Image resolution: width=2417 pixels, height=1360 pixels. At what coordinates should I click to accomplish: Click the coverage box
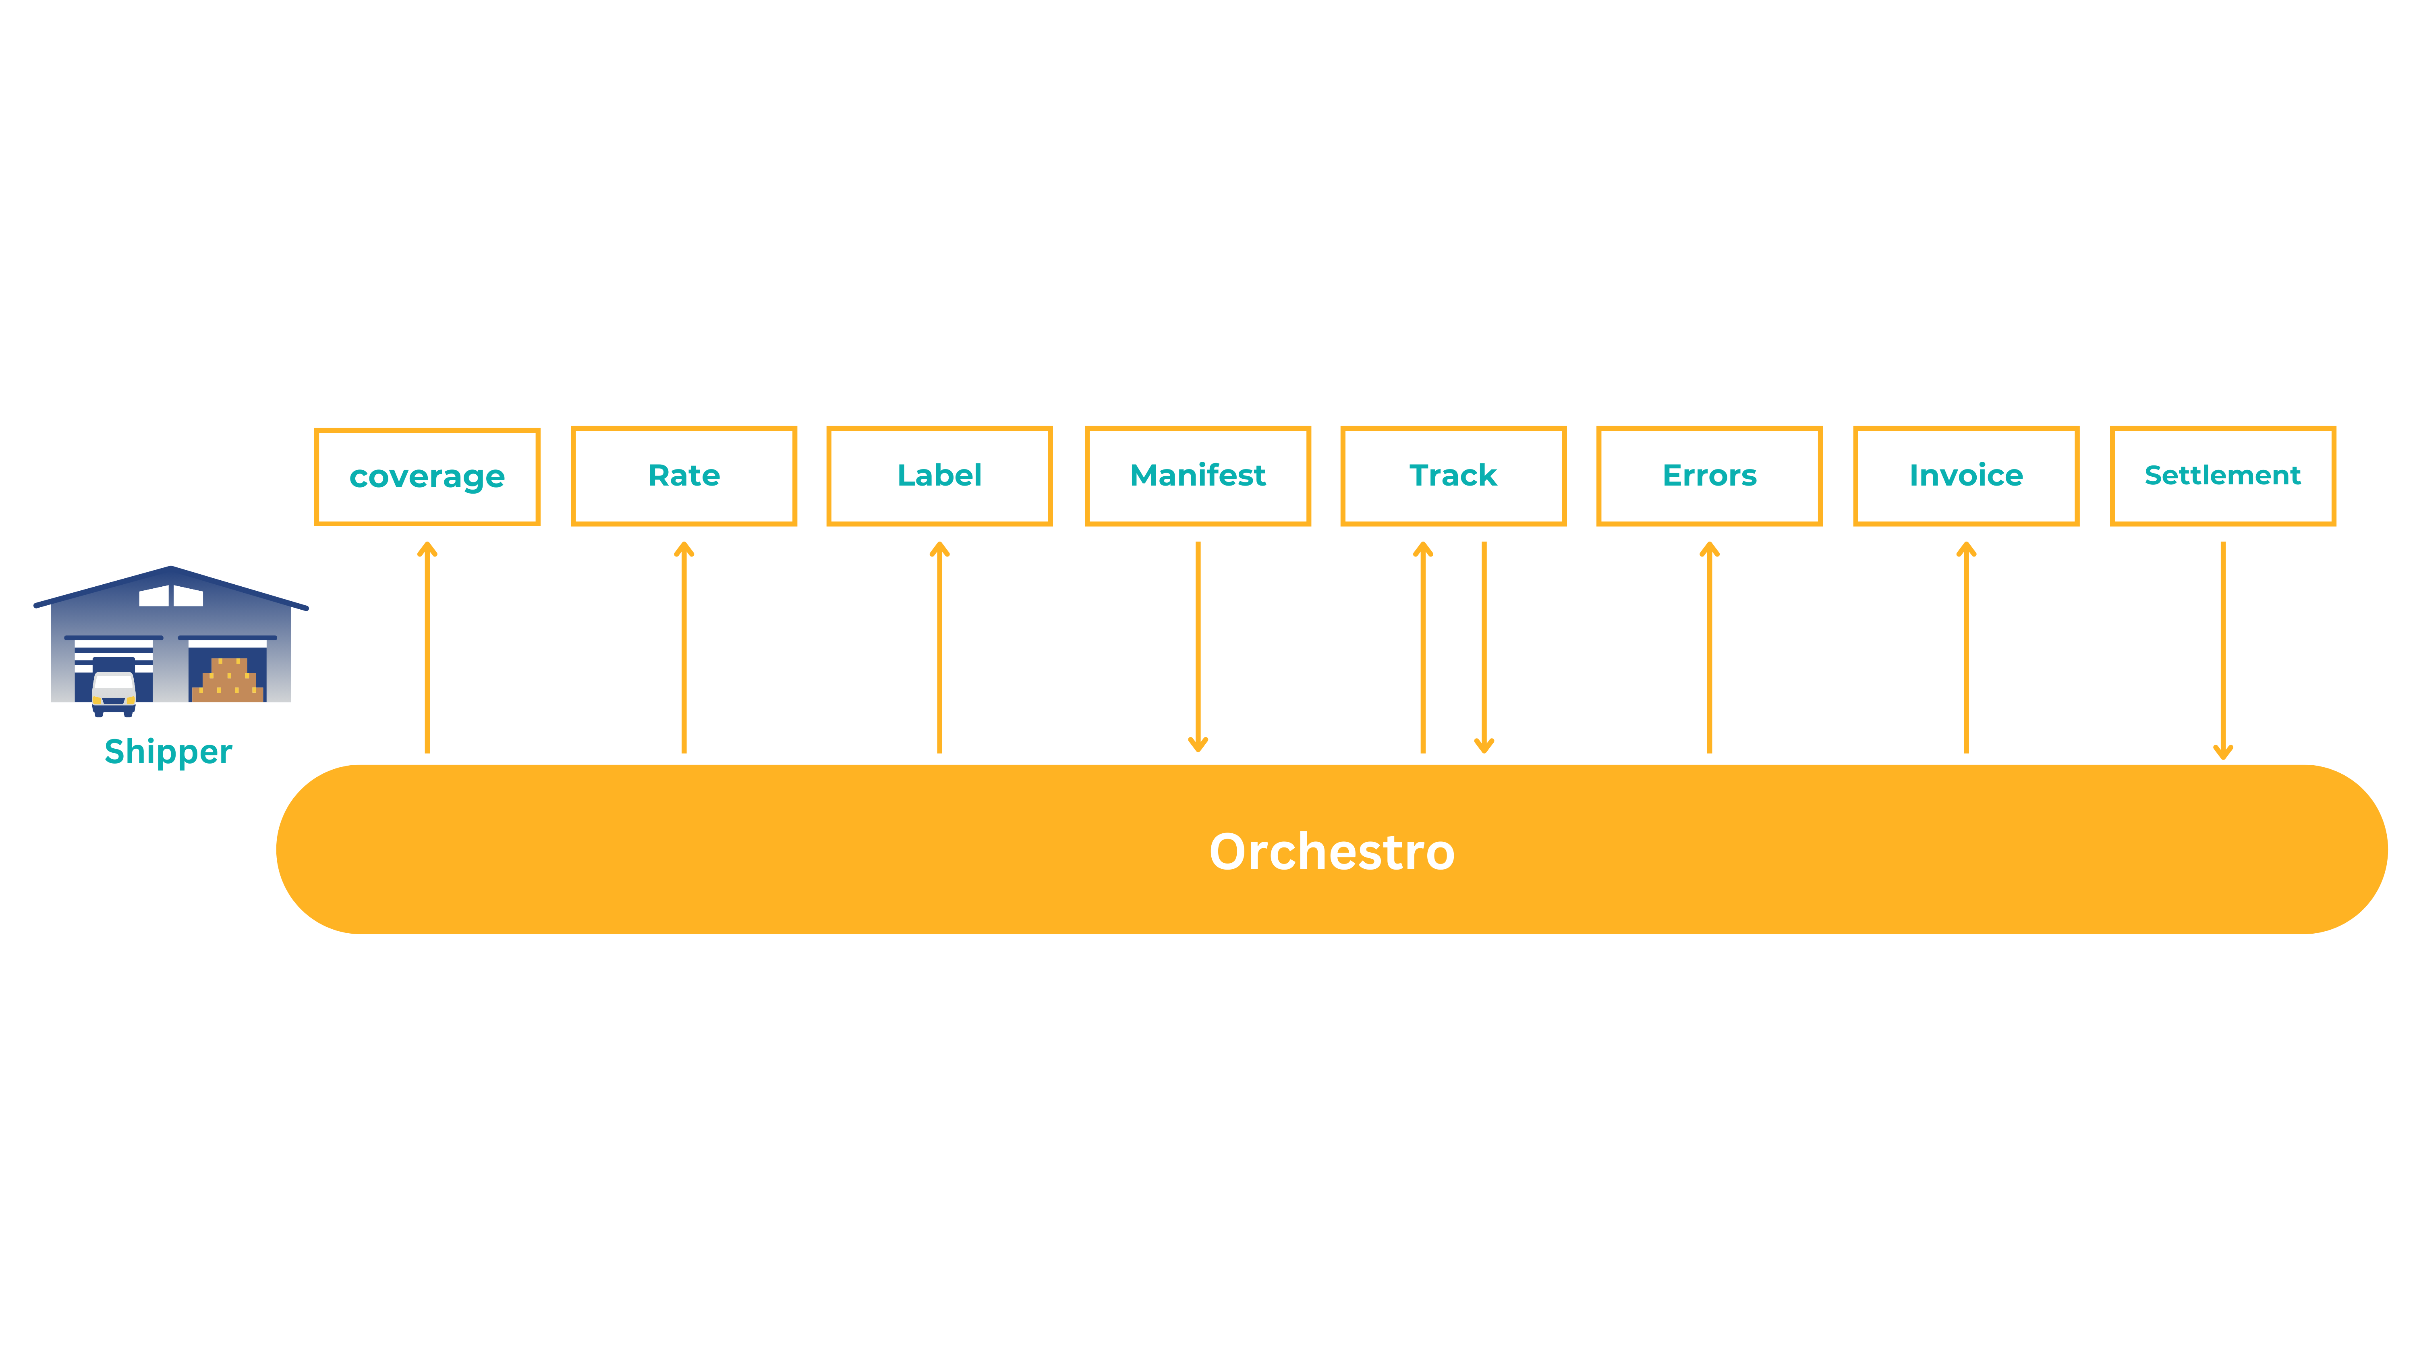tap(427, 477)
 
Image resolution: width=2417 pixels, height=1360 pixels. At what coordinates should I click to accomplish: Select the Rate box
tap(684, 476)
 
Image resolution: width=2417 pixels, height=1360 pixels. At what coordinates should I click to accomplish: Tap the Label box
tap(939, 476)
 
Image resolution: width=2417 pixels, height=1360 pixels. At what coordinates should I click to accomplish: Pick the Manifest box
tap(1197, 476)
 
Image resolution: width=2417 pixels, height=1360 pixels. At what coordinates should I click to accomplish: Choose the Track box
tap(1453, 476)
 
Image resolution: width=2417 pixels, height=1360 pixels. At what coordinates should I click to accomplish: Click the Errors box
tap(1708, 476)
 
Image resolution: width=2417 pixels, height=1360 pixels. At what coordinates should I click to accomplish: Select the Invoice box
tap(1966, 476)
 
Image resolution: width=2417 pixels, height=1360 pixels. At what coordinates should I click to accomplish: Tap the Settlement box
tap(2222, 476)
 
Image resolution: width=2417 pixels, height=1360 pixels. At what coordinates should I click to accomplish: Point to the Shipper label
tap(168, 752)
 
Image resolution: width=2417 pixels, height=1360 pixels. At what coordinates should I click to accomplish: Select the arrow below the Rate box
tap(684, 648)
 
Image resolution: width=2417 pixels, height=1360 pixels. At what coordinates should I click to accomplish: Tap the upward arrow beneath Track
tap(1422, 648)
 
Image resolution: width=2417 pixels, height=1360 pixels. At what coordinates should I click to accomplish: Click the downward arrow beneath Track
tap(1483, 648)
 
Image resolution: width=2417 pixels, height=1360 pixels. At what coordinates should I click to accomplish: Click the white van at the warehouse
tap(114, 693)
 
